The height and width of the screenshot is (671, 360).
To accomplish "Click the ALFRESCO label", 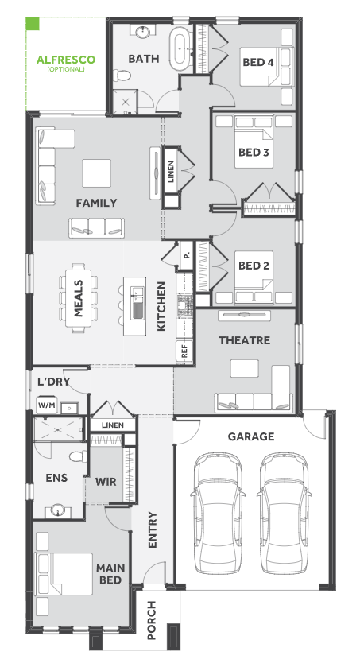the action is click(x=66, y=60).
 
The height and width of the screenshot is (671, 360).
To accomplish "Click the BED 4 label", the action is click(x=257, y=63).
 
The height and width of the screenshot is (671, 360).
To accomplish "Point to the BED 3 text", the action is click(x=254, y=153).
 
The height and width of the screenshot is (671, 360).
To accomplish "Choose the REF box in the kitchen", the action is click(x=184, y=351).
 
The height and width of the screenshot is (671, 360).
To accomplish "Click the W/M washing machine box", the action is click(x=47, y=405).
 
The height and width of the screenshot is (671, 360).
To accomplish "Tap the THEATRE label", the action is click(x=244, y=340).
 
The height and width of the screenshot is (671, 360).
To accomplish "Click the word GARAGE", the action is click(x=250, y=437).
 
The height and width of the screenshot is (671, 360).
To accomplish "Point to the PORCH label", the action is click(x=152, y=620).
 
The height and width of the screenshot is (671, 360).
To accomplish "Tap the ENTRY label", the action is click(x=153, y=529).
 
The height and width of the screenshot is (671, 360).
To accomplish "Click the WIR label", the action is click(x=106, y=482).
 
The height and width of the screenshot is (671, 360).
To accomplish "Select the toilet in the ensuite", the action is click(x=78, y=456).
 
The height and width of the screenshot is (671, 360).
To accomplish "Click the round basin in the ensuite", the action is click(x=57, y=510).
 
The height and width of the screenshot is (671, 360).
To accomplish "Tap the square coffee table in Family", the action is click(x=97, y=173).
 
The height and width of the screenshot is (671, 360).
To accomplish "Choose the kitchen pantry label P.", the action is click(x=186, y=255).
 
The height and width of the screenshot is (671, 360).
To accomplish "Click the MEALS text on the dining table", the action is click(x=78, y=298).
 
